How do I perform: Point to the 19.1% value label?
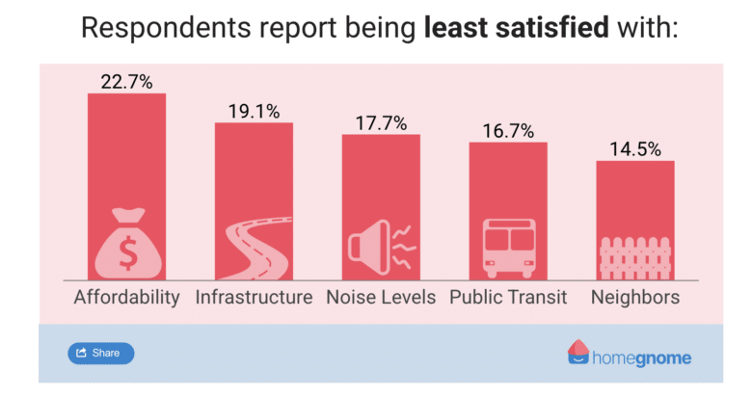254,111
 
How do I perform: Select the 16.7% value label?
508,130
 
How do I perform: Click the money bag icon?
126,242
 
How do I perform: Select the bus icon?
508,247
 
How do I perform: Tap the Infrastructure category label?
254,297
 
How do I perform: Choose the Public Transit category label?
508,297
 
